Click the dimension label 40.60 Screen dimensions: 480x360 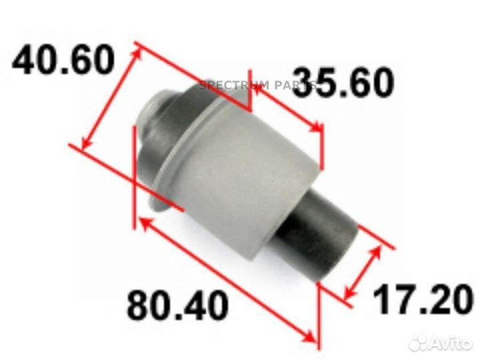pyautogui.click(x=63, y=61)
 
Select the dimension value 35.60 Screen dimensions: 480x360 pyautogui.click(x=343, y=83)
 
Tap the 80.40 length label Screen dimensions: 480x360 pyautogui.click(x=177, y=305)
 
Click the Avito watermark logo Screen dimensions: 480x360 pyautogui.click(x=440, y=343)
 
